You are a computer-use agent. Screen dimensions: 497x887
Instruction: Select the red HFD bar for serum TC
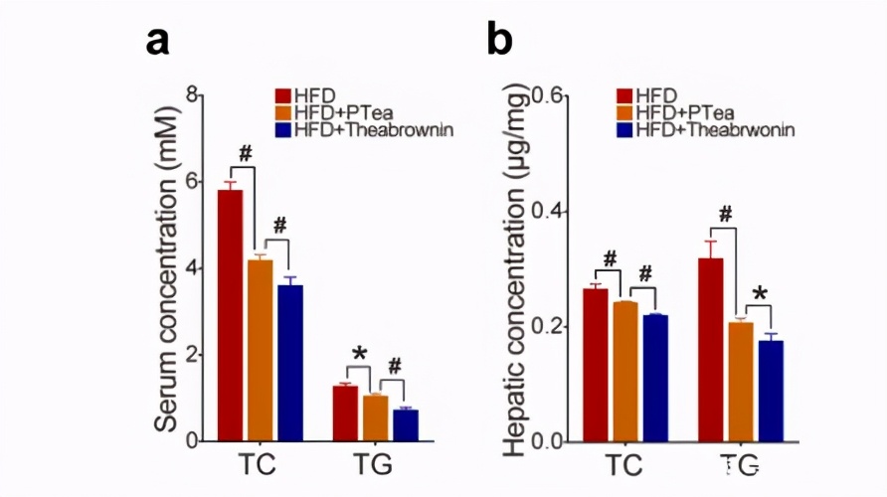(x=231, y=314)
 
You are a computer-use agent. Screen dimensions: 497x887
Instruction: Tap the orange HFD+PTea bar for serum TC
(x=261, y=349)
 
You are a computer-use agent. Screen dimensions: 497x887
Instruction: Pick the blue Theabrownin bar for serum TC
(x=290, y=363)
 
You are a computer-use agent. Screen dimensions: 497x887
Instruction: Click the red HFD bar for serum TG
(x=345, y=413)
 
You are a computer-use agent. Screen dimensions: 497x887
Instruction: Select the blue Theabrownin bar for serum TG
(x=405, y=424)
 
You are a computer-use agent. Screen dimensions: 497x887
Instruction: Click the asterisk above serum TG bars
(x=360, y=356)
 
